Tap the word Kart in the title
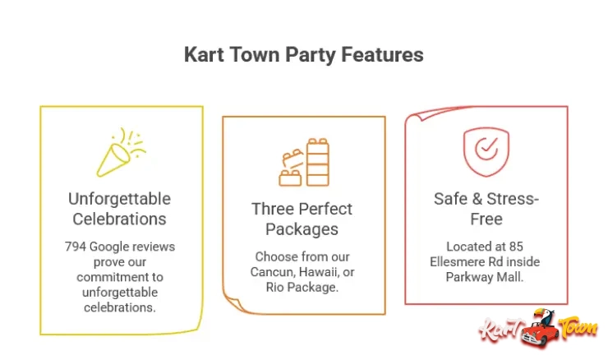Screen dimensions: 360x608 click(x=204, y=55)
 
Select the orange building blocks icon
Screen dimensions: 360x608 click(x=303, y=162)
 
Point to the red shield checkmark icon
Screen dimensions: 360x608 click(x=486, y=151)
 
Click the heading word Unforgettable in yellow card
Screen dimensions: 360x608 click(x=120, y=200)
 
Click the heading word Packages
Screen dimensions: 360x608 click(x=303, y=228)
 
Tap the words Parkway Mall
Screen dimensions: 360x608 click(x=485, y=276)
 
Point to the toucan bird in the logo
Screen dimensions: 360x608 click(x=543, y=317)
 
